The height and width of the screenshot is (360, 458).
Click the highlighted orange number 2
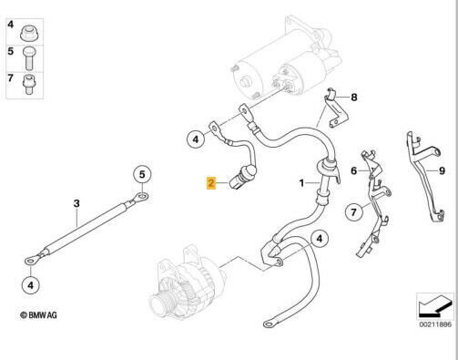tap(211, 183)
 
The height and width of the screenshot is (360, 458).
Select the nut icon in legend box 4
tap(29, 34)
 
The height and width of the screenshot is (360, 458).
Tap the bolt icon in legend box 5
tap(29, 58)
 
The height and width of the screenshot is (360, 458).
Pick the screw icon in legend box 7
tap(29, 84)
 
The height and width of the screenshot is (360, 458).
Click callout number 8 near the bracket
tap(354, 98)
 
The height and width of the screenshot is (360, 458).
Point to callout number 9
tap(442, 170)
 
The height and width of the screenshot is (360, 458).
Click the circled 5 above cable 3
tap(142, 175)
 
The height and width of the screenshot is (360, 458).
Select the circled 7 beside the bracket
tap(354, 211)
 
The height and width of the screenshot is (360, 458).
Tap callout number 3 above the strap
tap(76, 203)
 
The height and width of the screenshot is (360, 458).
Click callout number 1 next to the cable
tap(301, 183)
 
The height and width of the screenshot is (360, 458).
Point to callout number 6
tap(354, 170)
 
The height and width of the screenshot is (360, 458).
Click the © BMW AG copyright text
tap(38, 315)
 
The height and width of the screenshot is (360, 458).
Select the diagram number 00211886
tap(435, 324)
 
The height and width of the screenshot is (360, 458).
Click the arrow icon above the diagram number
tap(434, 307)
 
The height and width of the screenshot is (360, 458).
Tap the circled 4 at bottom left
tap(31, 285)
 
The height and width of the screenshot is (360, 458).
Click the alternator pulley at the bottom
tap(162, 303)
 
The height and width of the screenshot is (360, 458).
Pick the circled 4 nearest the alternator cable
tap(320, 239)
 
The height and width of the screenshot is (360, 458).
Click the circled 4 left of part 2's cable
tap(196, 139)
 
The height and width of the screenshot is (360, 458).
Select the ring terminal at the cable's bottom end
tap(270, 324)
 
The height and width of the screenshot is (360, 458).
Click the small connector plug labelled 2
tap(241, 179)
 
